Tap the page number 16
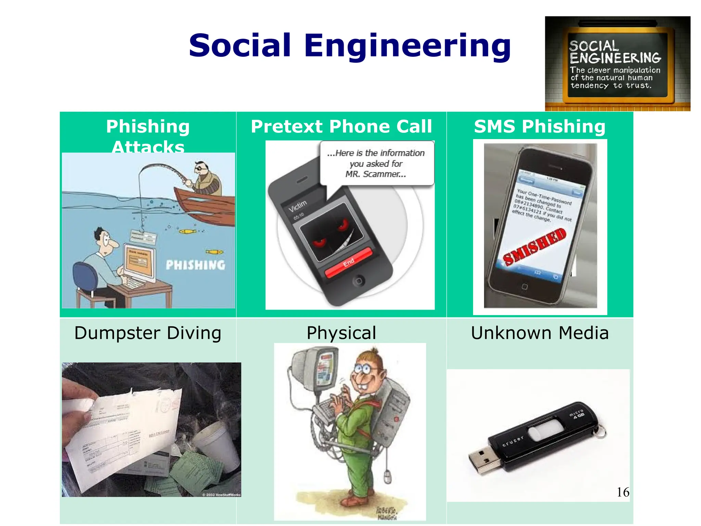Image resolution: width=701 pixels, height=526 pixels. pos(623,492)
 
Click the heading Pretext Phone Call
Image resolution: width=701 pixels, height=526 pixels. pos(341,126)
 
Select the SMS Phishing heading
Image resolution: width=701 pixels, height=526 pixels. pos(539,126)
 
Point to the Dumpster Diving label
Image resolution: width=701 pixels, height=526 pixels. pos(148,333)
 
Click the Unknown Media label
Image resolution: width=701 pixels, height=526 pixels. pos(539,333)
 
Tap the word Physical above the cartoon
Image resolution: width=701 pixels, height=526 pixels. pos(341,333)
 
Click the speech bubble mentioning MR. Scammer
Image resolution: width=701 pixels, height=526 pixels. pos(377,163)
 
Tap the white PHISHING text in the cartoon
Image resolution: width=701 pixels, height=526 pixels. pos(195,265)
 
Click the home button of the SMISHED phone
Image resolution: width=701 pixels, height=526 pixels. pos(524,286)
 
